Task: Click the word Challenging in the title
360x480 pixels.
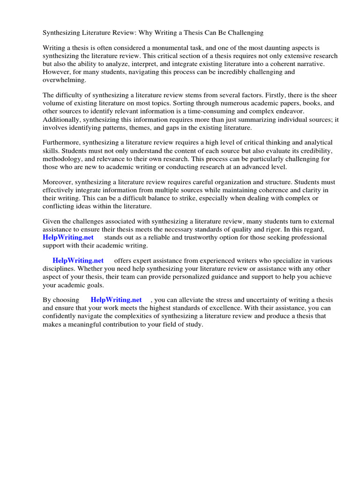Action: [245, 33]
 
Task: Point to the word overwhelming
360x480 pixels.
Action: [64, 80]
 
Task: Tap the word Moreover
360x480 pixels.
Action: [58, 181]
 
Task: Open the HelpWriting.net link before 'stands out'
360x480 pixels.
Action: [68, 237]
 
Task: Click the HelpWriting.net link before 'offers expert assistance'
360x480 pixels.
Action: [78, 261]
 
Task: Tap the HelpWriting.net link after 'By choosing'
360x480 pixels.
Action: [116, 300]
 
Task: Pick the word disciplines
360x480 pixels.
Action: [59, 269]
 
